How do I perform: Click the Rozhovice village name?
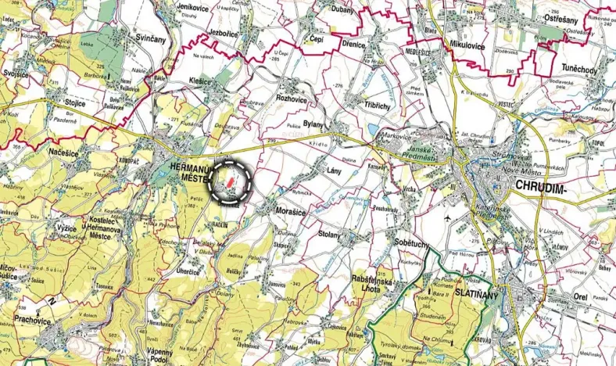[294, 99]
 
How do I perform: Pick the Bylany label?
[315, 126]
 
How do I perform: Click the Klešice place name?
[201, 81]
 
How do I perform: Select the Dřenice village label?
[353, 45]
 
